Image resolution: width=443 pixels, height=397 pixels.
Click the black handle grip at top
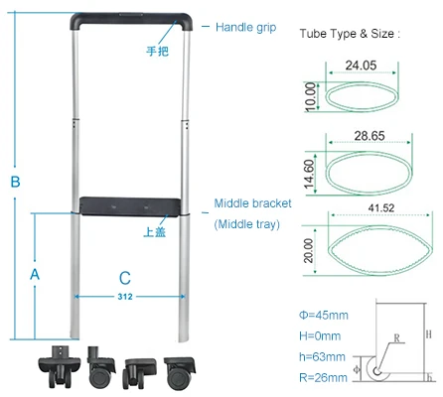[131, 18]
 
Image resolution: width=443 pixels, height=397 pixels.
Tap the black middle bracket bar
[130, 206]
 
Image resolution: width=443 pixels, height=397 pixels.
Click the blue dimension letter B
[15, 182]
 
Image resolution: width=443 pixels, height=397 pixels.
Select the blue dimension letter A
[35, 275]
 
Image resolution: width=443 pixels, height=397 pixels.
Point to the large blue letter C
[125, 278]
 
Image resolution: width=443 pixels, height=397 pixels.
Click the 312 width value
[125, 297]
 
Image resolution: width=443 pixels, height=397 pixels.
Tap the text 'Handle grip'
[245, 28]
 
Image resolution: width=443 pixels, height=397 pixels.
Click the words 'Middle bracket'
[252, 203]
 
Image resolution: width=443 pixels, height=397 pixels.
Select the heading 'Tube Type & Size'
[347, 34]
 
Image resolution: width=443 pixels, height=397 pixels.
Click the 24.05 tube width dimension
[361, 66]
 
